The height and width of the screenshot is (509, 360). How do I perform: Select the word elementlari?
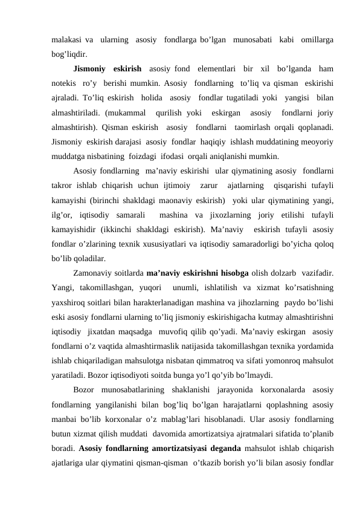click(214, 68)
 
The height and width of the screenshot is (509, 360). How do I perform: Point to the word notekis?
click(64, 83)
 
